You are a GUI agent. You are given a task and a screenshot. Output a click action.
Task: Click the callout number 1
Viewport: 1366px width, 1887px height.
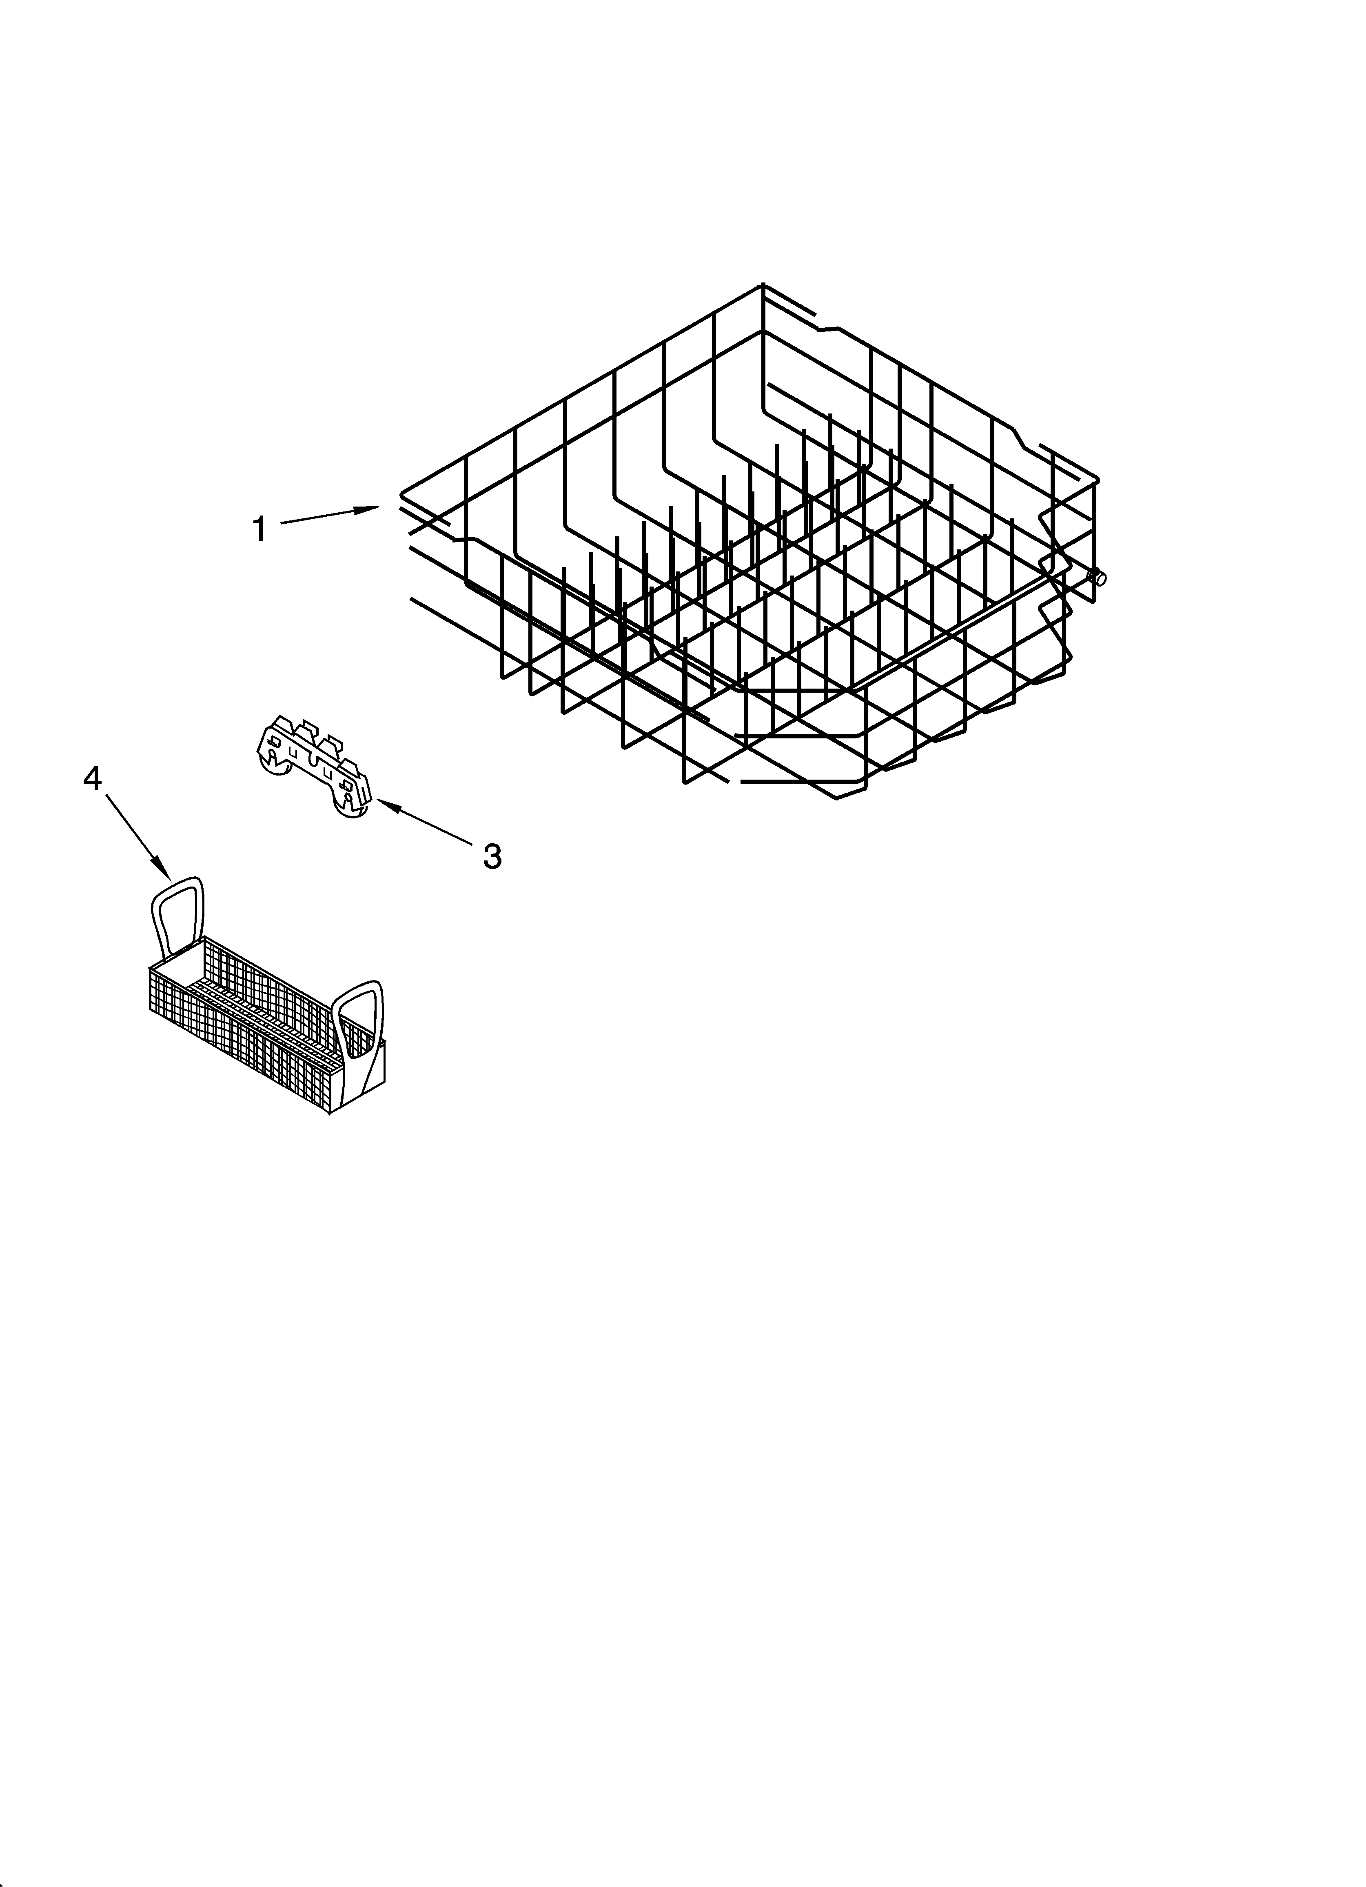(259, 529)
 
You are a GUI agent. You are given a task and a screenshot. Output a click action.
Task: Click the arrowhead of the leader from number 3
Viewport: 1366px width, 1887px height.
(380, 801)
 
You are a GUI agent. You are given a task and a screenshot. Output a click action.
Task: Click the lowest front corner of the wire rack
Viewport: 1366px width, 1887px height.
(837, 799)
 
